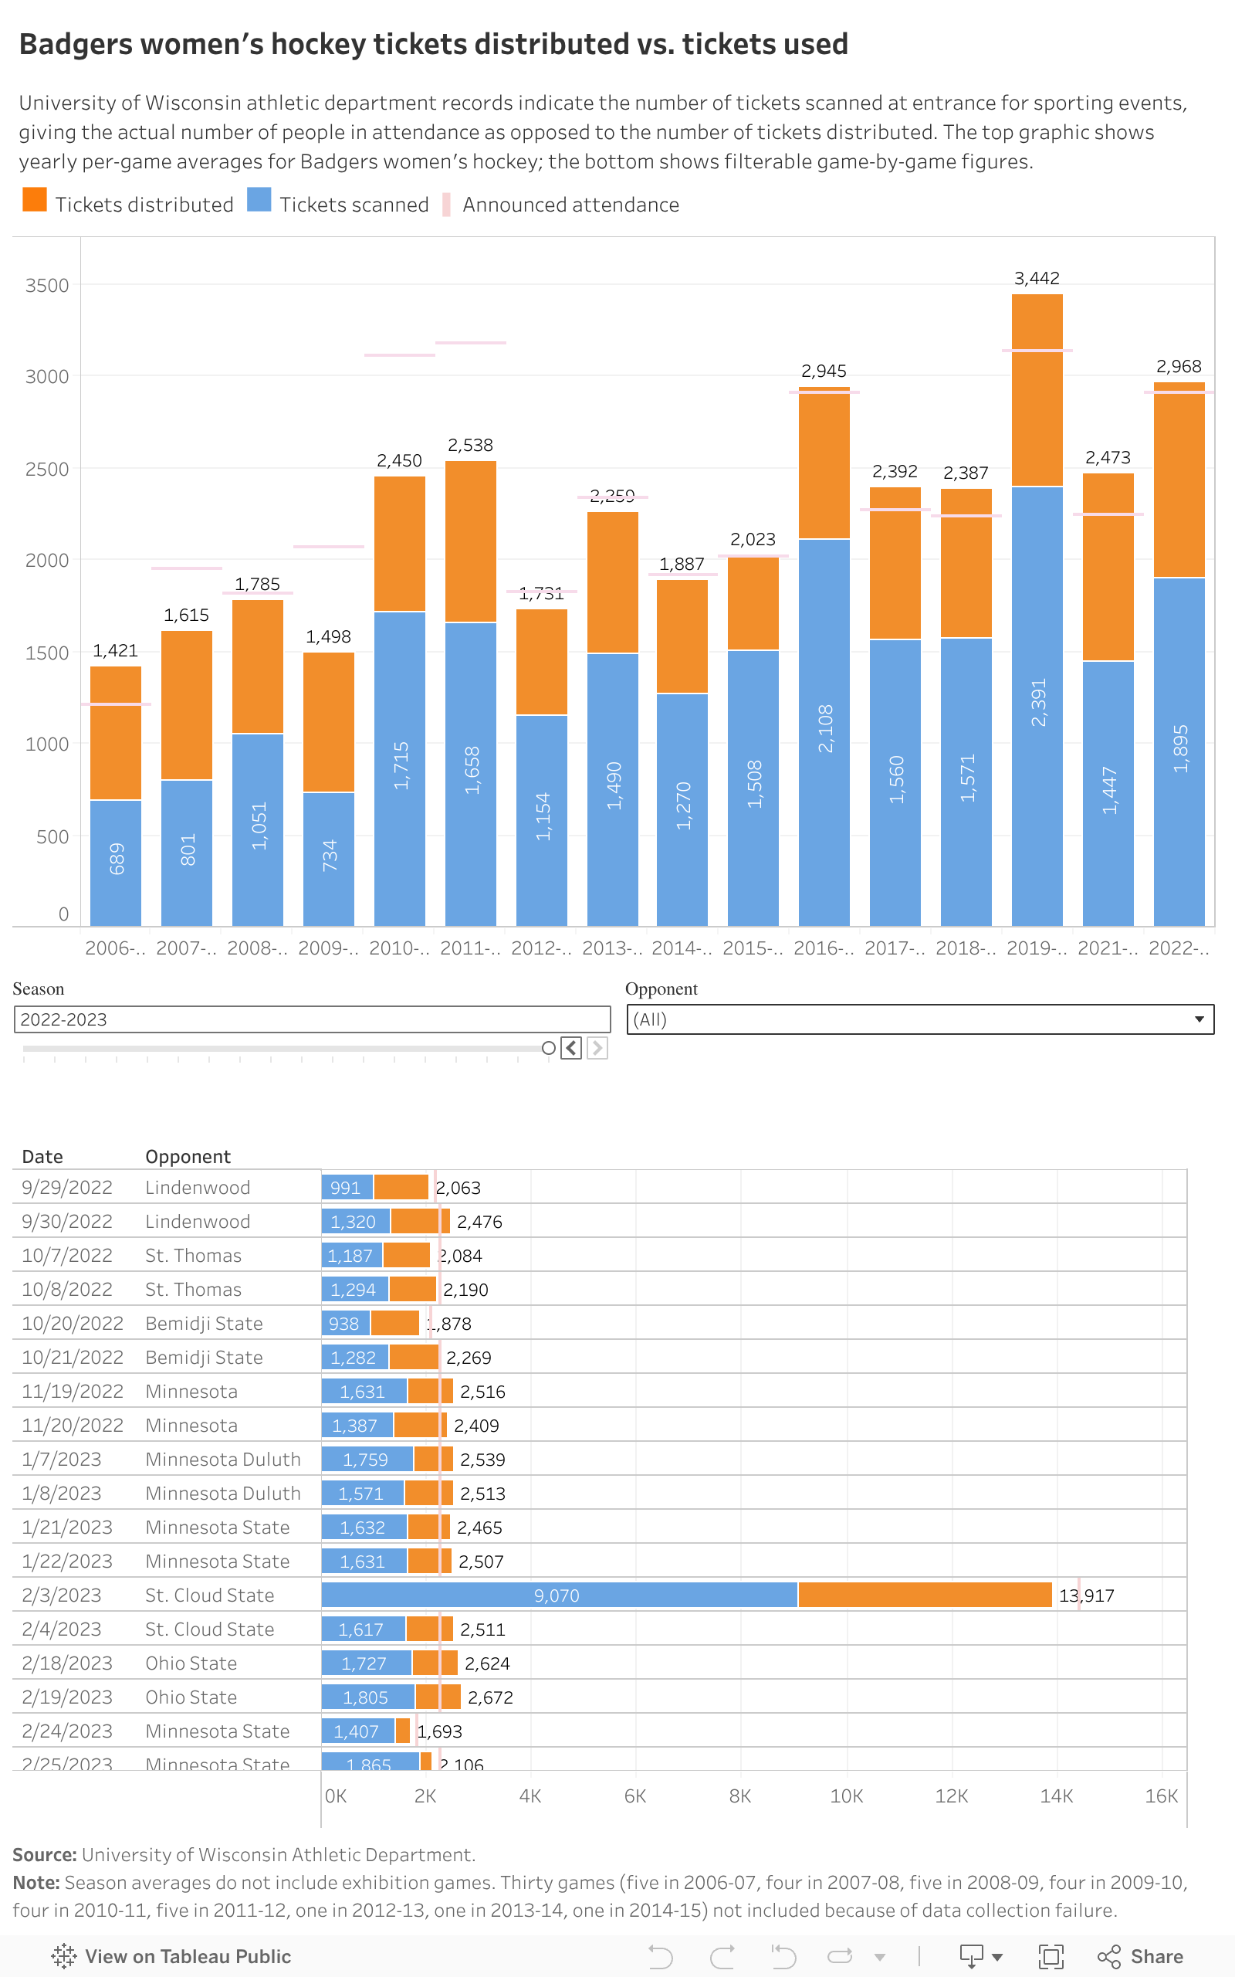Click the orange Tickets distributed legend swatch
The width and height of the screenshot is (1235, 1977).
[34, 200]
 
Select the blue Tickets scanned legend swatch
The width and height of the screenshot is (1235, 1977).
[259, 200]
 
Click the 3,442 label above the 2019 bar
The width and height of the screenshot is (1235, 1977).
[1037, 279]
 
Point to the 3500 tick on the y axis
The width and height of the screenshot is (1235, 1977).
[46, 286]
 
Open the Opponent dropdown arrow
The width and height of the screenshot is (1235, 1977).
[1199, 1019]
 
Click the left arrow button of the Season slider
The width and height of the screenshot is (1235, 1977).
[572, 1048]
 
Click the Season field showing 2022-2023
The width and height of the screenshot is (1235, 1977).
[311, 1019]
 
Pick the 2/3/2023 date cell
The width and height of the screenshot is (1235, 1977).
[62, 1596]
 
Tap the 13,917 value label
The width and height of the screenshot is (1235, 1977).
[1086, 1596]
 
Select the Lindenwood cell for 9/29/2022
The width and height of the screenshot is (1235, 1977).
[198, 1188]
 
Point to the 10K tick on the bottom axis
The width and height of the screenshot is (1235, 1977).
[846, 1796]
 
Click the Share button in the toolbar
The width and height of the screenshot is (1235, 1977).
[1141, 1957]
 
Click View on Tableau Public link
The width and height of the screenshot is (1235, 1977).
[172, 1957]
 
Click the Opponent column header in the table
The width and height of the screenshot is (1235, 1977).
[188, 1157]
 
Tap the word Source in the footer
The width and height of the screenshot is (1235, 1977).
[44, 1855]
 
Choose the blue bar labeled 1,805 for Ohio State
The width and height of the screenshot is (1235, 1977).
[367, 1697]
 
